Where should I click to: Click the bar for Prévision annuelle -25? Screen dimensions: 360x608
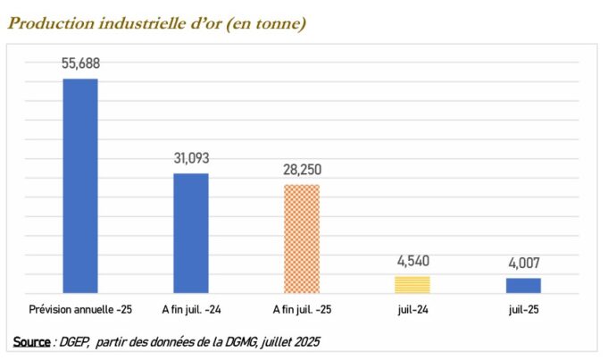(x=79, y=185)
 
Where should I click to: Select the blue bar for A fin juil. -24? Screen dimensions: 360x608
(x=190, y=232)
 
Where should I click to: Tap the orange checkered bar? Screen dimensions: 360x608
(x=301, y=238)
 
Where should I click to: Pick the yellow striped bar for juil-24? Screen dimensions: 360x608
(x=412, y=284)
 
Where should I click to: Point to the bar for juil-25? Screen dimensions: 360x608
(x=523, y=285)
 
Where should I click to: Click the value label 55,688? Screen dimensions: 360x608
(x=79, y=64)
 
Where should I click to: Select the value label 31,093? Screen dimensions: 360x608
(x=191, y=158)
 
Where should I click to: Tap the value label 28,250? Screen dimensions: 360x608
(x=302, y=170)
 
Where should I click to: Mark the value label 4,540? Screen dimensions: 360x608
(x=412, y=262)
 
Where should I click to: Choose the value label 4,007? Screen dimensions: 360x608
(x=523, y=264)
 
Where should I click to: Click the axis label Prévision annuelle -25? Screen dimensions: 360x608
(x=79, y=310)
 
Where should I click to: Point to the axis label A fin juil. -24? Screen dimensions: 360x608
(x=190, y=310)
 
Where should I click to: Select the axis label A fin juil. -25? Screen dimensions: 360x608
(x=302, y=310)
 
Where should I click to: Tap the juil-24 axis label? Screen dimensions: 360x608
(x=412, y=310)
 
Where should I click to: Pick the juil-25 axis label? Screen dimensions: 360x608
(x=523, y=310)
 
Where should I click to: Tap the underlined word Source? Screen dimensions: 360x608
(x=31, y=342)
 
